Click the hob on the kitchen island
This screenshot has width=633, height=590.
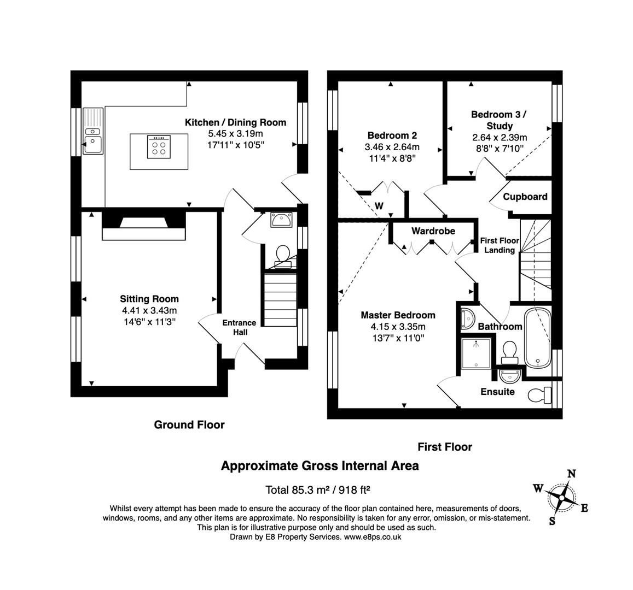(159, 147)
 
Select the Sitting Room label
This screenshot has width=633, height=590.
(149, 299)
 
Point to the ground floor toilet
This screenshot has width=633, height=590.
(283, 256)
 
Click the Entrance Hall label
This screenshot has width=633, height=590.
(239, 327)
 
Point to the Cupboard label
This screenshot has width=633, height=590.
(525, 197)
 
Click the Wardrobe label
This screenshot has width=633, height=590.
(433, 231)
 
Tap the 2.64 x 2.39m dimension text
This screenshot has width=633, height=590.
(500, 138)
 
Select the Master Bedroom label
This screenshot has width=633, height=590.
(398, 315)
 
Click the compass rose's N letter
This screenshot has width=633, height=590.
(571, 474)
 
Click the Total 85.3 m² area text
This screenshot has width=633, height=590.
(298, 489)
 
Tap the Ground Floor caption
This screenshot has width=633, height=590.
(189, 424)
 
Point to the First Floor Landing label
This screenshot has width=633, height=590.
(500, 245)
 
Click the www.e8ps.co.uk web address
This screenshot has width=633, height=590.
(373, 536)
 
